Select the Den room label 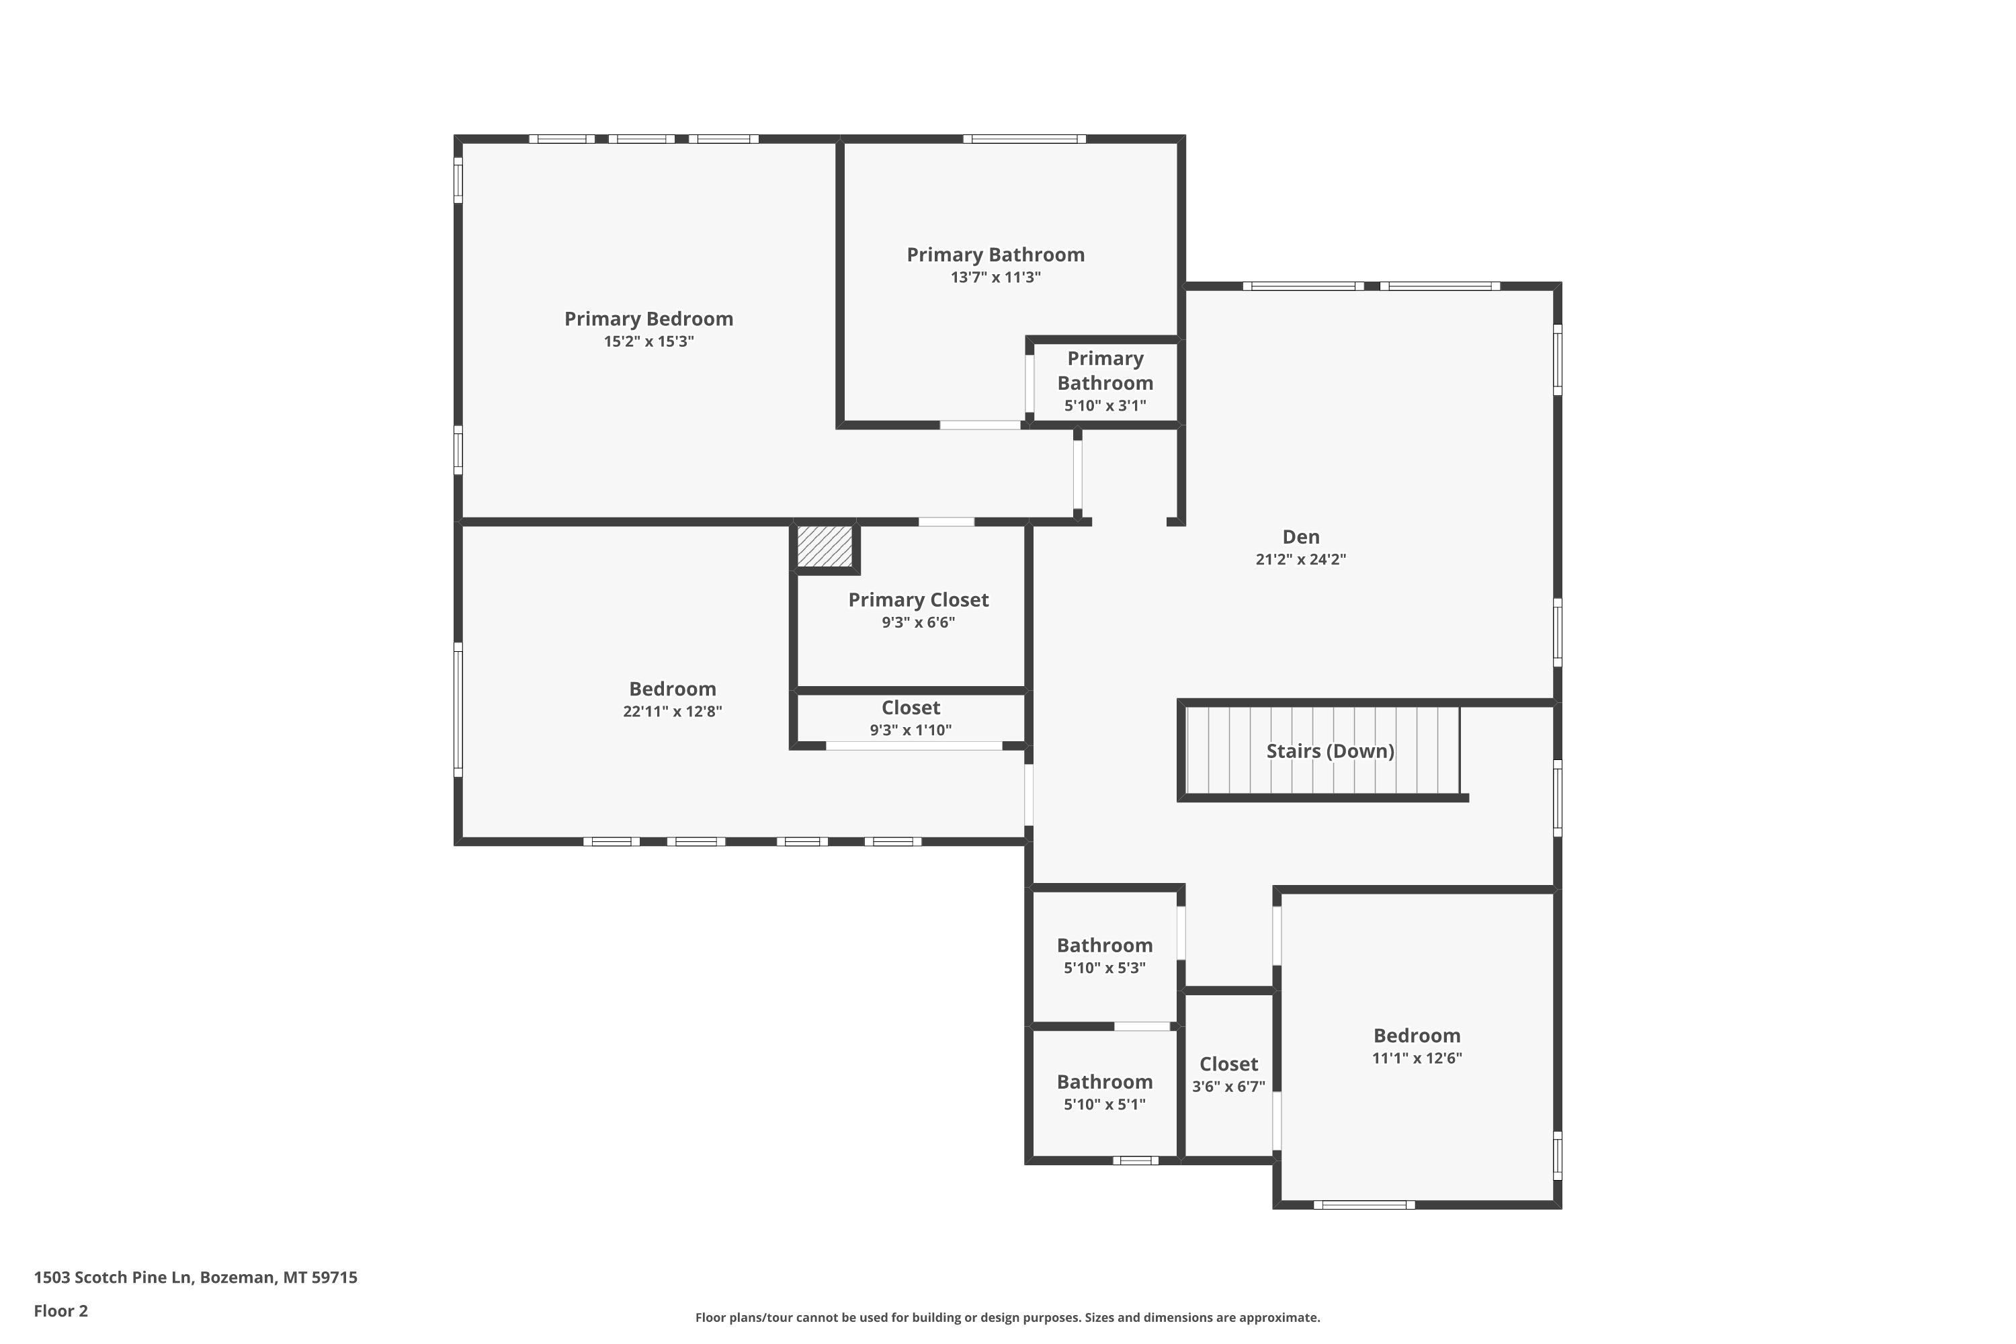tap(1300, 536)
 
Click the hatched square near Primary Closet tap(825, 546)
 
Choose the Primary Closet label tap(918, 600)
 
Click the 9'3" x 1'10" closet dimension tap(911, 730)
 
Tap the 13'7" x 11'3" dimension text tap(995, 277)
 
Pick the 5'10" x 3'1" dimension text tap(1105, 405)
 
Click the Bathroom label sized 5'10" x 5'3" tap(1104, 946)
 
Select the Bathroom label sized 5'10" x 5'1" tap(1104, 1082)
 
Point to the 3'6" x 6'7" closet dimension tap(1228, 1087)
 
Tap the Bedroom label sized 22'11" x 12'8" tap(672, 689)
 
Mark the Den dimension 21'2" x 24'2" tap(1300, 560)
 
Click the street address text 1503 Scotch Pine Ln tap(112, 1277)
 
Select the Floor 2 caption tap(61, 1310)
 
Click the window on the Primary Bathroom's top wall tap(1024, 139)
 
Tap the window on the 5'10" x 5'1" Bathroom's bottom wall tap(1135, 1161)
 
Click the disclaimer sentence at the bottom tap(1007, 1317)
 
